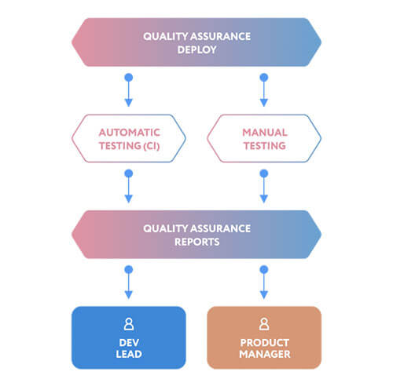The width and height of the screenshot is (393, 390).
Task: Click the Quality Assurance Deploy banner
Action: coord(196,42)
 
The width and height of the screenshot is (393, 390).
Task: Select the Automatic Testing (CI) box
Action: coord(129,138)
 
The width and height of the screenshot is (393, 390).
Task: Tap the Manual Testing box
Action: coord(264,138)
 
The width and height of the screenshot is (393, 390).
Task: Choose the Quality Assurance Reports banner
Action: coord(196,235)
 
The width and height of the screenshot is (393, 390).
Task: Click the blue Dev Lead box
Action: coord(129,337)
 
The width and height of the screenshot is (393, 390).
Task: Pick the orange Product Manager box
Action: coord(264,337)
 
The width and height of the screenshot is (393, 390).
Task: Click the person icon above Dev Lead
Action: coord(129,324)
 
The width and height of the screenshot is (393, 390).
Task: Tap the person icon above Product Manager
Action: coord(264,324)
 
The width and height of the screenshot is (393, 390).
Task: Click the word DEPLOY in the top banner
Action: coord(197,49)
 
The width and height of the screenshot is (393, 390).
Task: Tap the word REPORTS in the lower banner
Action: coord(197,242)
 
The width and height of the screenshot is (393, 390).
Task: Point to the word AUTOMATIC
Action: coord(130,133)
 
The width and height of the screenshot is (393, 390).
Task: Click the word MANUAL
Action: coord(265,133)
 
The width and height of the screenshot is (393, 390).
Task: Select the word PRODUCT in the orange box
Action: coord(265,343)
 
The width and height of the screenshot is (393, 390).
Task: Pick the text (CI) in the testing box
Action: coord(151,146)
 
